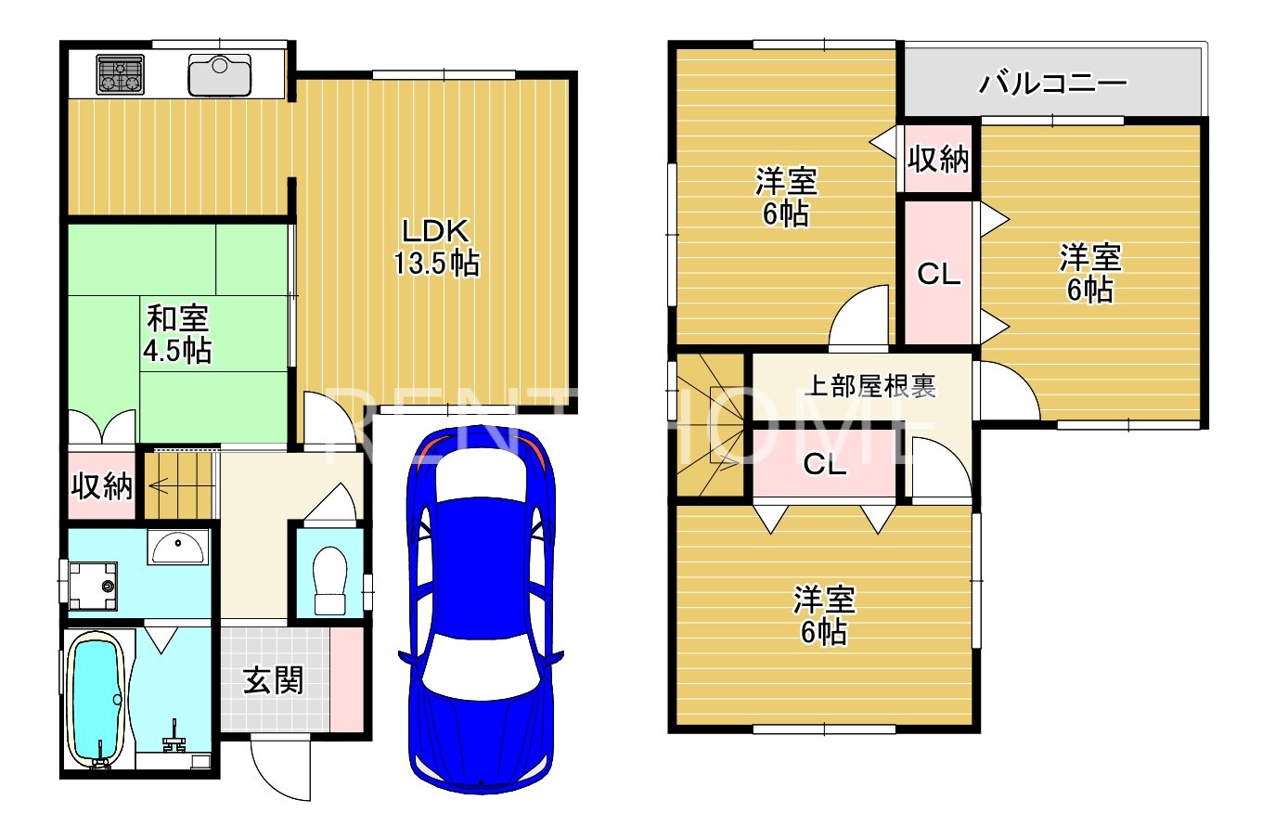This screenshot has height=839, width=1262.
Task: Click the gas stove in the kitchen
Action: (120, 74)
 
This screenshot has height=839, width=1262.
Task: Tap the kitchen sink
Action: (220, 74)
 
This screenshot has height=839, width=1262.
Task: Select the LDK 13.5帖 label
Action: (435, 247)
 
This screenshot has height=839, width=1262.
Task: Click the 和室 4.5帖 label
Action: (177, 334)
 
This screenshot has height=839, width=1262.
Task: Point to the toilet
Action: (329, 580)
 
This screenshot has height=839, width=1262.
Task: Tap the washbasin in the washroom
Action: (177, 547)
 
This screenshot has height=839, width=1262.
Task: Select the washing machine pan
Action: (93, 586)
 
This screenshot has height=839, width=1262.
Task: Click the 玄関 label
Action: (273, 680)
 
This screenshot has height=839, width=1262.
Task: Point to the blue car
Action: (481, 609)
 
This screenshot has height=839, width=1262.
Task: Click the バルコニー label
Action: (1052, 84)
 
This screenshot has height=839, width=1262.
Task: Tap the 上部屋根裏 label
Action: (871, 386)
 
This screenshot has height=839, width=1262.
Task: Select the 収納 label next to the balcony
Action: (938, 159)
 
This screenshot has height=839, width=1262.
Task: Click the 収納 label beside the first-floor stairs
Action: (101, 485)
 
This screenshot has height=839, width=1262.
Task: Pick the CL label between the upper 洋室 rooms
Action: (939, 275)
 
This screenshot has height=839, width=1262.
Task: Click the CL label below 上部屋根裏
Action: (825, 464)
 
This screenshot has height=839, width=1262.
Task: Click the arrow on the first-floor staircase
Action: (159, 485)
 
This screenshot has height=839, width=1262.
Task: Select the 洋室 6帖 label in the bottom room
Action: (824, 615)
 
